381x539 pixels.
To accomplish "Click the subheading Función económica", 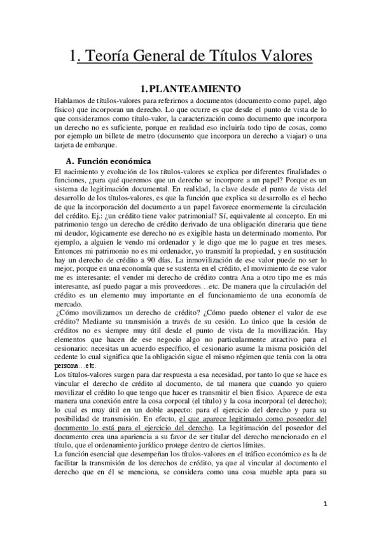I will (x=118, y=161).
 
